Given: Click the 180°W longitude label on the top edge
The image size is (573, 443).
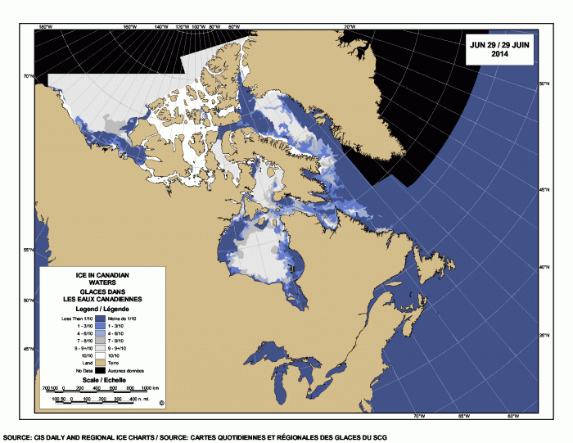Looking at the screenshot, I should pyautogui.click(x=46, y=27).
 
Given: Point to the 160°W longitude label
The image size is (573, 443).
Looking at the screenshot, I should pyautogui.click(x=129, y=27).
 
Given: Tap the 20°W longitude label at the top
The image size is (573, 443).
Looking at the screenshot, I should pyautogui.click(x=349, y=27).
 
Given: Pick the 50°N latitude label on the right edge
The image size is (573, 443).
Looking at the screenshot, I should pyautogui.click(x=543, y=84).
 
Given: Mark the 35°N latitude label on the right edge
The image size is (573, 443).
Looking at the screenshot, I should pyautogui.click(x=543, y=336).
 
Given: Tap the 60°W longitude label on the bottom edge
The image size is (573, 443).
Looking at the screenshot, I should pyautogui.click(x=512, y=416).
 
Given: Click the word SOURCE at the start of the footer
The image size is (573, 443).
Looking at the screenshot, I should pyautogui.click(x=17, y=437).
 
